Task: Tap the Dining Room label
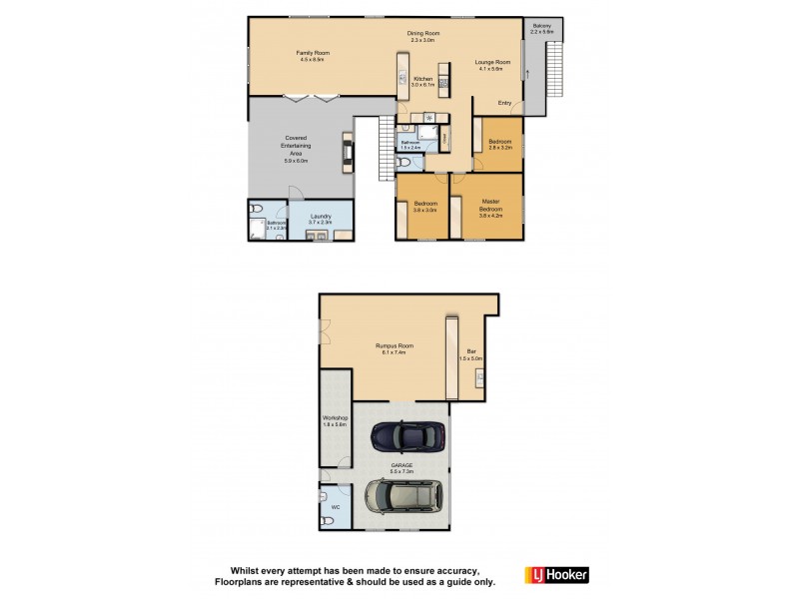423,37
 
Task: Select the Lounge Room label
494,65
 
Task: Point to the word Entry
504,102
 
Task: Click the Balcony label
542,29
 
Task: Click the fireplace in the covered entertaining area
347,152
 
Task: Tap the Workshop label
334,421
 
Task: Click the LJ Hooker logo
556,574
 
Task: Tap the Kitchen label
422,81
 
